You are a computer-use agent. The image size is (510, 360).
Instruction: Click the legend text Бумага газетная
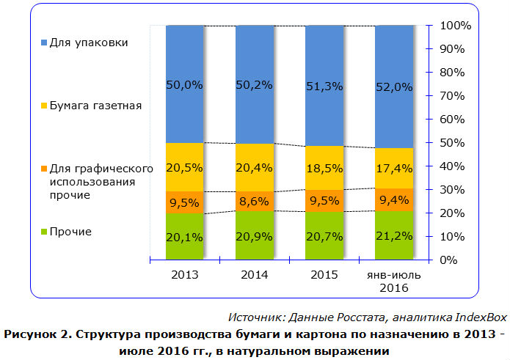pos(95,106)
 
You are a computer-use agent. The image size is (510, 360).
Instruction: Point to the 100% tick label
pos(456,26)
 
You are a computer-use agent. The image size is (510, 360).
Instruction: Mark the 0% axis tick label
pos(450,260)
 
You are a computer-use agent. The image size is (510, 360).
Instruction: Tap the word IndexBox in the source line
pos(481,317)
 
